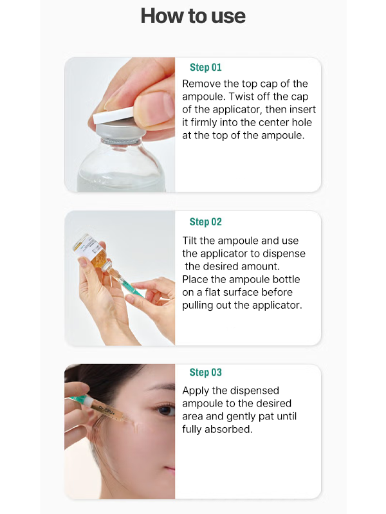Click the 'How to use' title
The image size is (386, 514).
coord(193,15)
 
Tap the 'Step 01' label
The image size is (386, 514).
coord(206,67)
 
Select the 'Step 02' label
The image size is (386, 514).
coord(206,221)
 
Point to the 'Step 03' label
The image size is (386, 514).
coord(206,372)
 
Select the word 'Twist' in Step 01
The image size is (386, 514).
coord(241,96)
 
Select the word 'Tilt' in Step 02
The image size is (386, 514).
coord(190,241)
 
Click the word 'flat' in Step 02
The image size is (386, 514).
coord(214,292)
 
